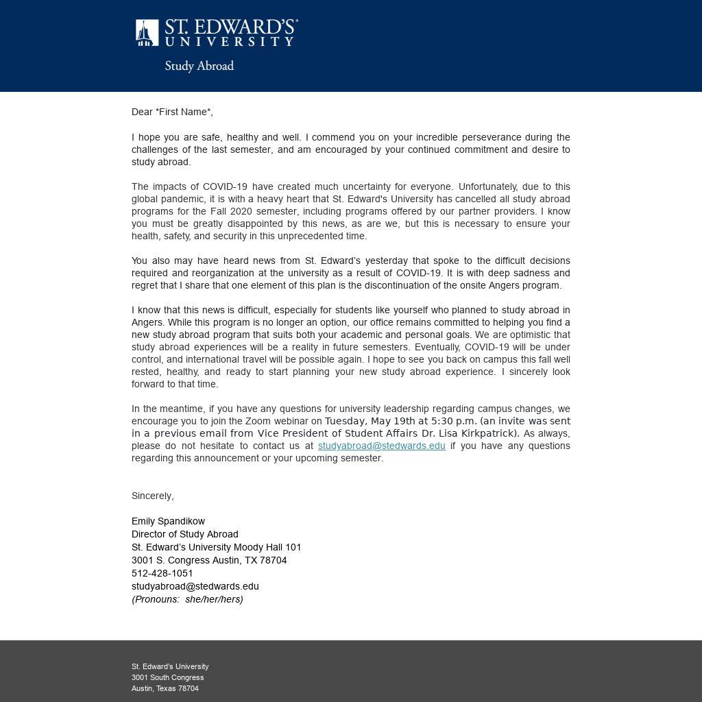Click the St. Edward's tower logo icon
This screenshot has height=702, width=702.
(147, 33)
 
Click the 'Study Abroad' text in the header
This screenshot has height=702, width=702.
(199, 66)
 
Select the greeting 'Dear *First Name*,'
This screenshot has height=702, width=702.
(172, 112)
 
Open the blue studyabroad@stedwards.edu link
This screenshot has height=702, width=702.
(381, 446)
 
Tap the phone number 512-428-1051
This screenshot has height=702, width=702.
(162, 573)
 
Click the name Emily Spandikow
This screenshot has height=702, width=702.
(168, 521)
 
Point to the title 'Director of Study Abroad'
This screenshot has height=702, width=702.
(185, 534)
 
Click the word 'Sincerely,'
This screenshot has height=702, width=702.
(153, 496)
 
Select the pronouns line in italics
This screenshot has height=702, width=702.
(187, 599)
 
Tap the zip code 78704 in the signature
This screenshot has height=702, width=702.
(273, 560)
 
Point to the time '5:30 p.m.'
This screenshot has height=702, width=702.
(453, 421)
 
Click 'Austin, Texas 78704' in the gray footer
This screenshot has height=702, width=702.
(165, 688)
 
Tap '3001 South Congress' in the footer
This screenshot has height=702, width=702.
(168, 677)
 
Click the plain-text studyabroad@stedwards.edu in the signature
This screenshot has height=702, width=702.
(195, 586)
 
